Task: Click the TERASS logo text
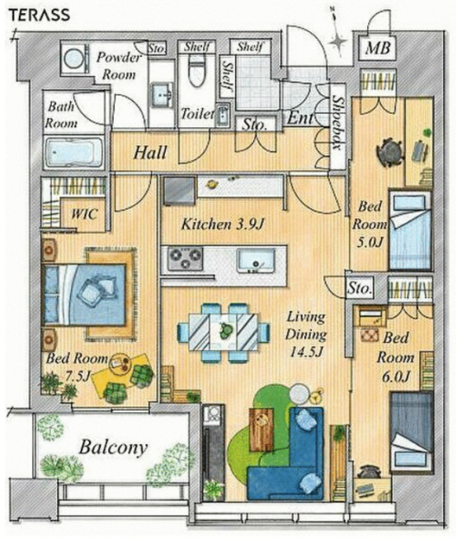coord(40,15)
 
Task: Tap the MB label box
coord(378,48)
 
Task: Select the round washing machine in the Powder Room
coord(74,58)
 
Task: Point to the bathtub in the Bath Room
coord(73,152)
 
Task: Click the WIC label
coord(83,214)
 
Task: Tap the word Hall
coord(150,153)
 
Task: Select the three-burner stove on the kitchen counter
coord(185,258)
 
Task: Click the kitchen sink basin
coord(255,260)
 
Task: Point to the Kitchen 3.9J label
coord(222,225)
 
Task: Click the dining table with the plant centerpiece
coord(224,332)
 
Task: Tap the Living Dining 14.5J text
coord(306,334)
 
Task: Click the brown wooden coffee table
coord(261,429)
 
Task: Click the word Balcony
coord(113,448)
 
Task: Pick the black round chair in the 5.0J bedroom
coord(390,152)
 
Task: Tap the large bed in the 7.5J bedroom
coord(83,295)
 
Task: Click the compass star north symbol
coord(337,40)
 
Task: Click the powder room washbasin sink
coord(162,93)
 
